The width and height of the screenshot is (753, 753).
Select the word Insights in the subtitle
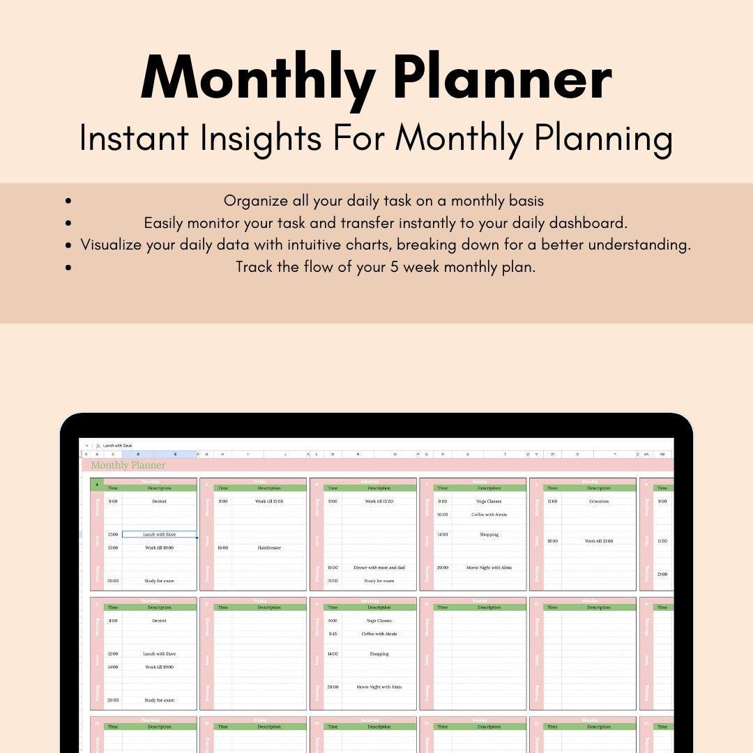[x=261, y=138]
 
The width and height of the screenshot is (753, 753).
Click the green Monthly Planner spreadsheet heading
[x=128, y=465]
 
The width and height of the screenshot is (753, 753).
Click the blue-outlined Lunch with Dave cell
[x=159, y=535]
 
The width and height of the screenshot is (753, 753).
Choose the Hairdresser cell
[x=269, y=548]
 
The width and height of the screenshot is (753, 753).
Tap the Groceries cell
[x=598, y=501]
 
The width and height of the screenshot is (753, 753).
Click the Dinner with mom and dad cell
[x=379, y=568]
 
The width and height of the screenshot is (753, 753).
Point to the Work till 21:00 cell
[x=598, y=541]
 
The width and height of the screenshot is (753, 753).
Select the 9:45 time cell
[x=333, y=634]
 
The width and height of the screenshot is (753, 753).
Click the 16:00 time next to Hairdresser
[x=222, y=548]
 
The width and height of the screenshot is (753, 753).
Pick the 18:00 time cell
[x=552, y=541]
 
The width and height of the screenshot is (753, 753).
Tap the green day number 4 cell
[x=97, y=485]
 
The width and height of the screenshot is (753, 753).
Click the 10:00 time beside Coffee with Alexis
[x=442, y=515]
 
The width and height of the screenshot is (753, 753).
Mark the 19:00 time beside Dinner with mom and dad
[x=333, y=568]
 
